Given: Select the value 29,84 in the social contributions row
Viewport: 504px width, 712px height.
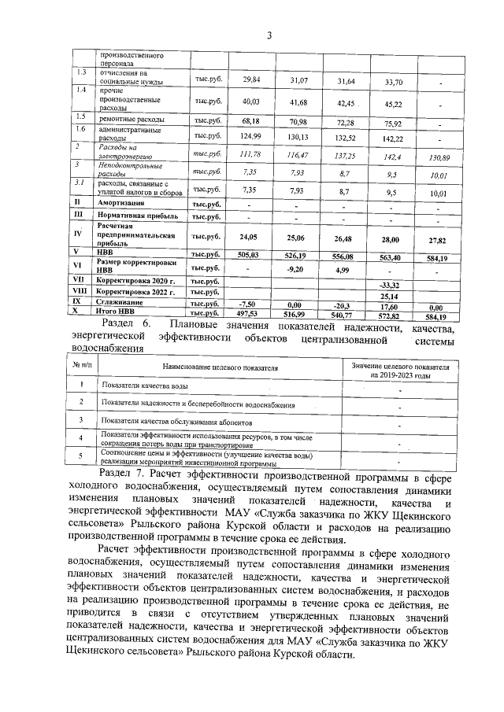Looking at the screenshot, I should click(x=251, y=80).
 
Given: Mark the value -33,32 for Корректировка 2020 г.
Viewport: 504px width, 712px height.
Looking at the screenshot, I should click(x=391, y=285).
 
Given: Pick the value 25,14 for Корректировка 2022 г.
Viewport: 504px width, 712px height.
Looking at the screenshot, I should click(x=391, y=297).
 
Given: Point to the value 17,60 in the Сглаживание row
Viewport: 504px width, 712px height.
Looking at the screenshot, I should click(x=391, y=307).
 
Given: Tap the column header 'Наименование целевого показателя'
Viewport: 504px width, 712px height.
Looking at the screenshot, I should click(x=221, y=367).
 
